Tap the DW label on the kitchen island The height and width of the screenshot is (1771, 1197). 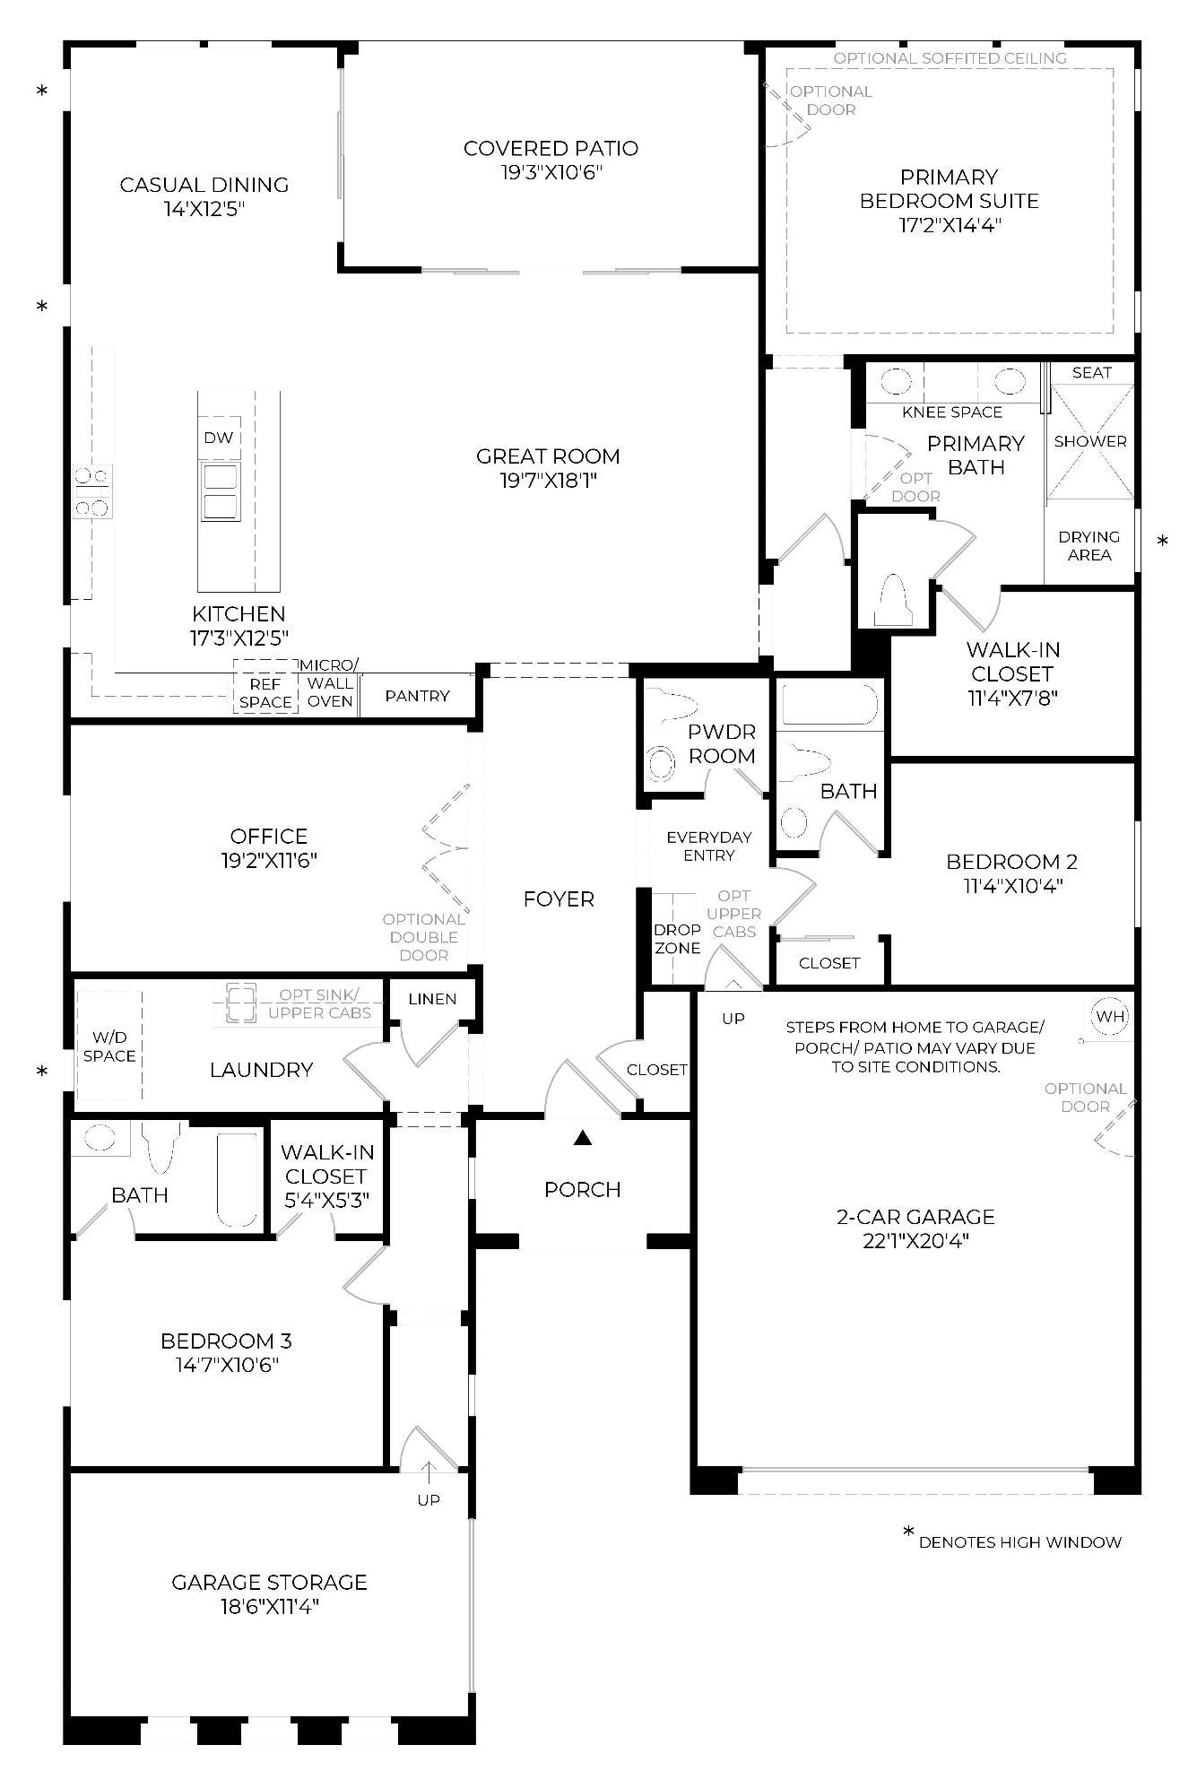coord(218,438)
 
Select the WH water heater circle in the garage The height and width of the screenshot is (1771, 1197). coord(1110,1016)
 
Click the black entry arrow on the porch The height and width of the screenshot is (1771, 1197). coord(583,1139)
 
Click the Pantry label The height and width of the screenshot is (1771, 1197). coord(417,696)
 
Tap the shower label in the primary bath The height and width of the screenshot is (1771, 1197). coord(1090,441)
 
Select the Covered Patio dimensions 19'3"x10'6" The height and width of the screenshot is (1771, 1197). coord(551,172)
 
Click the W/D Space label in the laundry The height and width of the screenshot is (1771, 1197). coord(109,1046)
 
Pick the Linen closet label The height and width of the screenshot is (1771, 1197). coord(432,999)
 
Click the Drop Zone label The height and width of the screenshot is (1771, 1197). coord(677,939)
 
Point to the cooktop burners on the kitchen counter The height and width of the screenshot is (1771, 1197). coord(93,491)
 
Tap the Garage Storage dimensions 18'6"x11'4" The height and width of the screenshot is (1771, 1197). coord(269,1606)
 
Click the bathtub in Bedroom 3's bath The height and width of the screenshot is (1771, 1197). coord(236,1179)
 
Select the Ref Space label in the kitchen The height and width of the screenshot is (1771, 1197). coord(265,693)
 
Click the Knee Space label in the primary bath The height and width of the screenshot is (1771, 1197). coord(952,412)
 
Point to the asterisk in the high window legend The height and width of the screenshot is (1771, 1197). coord(908,1532)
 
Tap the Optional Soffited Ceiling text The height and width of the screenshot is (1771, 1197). coord(950,58)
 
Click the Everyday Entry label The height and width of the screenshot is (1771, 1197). coord(709,846)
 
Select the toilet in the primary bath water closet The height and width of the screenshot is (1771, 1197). coord(892,600)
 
